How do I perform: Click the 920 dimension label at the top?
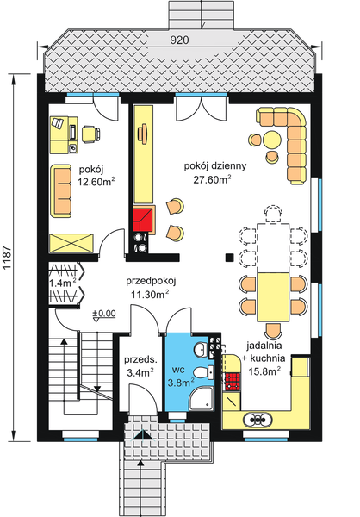click(x=179, y=40)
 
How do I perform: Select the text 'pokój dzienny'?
click(x=210, y=165)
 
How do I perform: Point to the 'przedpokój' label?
click(x=149, y=280)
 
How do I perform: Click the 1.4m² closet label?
click(x=62, y=281)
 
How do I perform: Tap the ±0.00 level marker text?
click(x=103, y=313)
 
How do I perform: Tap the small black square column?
click(x=228, y=256)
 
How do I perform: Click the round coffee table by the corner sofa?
click(x=272, y=138)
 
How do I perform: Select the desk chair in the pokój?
click(x=90, y=133)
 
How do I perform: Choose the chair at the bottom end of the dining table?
click(x=273, y=330)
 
